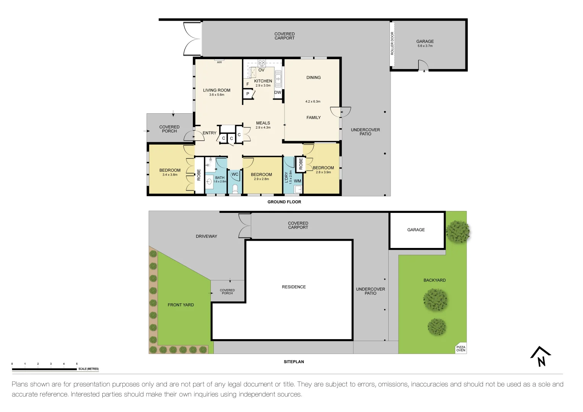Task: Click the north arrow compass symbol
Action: pyautogui.click(x=541, y=356)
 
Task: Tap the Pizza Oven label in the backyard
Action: pyautogui.click(x=461, y=349)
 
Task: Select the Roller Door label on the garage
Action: pyautogui.click(x=392, y=43)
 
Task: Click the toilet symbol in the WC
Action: pyautogui.click(x=235, y=188)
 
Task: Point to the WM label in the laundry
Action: pyautogui.click(x=297, y=181)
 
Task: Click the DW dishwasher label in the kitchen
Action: pyautogui.click(x=278, y=93)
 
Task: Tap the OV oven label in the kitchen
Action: pyautogui.click(x=262, y=70)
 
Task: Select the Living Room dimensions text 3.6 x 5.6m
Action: pyautogui.click(x=216, y=95)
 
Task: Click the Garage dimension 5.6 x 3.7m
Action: pyautogui.click(x=425, y=46)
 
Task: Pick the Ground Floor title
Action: pyautogui.click(x=284, y=202)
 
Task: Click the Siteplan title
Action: pyautogui.click(x=294, y=362)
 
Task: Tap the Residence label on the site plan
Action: pyautogui.click(x=294, y=287)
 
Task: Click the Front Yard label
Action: pyautogui.click(x=181, y=305)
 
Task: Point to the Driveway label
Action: pyautogui.click(x=206, y=237)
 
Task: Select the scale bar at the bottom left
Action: pyautogui.click(x=44, y=369)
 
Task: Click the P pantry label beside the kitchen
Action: pyautogui.click(x=248, y=94)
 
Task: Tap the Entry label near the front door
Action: pyautogui.click(x=209, y=133)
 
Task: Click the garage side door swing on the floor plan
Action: pyautogui.click(x=423, y=66)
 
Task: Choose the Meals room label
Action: pyautogui.click(x=263, y=123)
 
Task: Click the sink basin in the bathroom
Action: pyautogui.click(x=209, y=181)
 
